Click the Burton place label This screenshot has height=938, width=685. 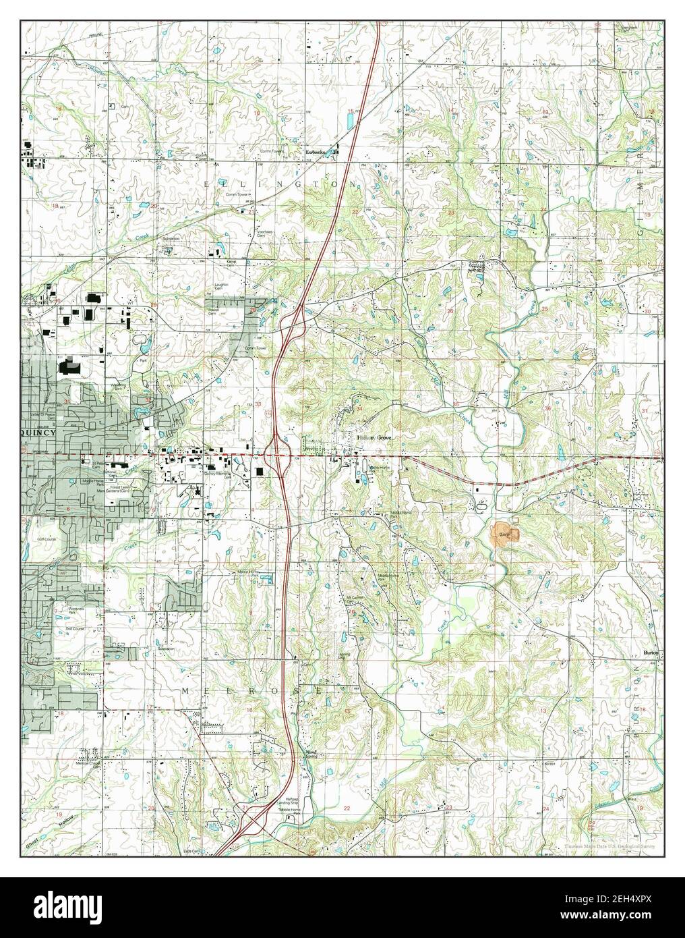pyautogui.click(x=649, y=653)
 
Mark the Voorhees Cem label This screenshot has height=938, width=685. pyautogui.click(x=262, y=233)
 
